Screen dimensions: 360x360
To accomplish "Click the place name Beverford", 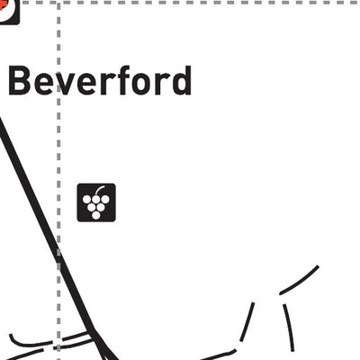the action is point(100,80).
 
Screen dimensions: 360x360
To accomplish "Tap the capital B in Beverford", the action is point(20,80).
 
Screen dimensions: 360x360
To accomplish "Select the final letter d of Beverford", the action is point(182,80).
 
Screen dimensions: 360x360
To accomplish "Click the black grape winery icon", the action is point(96,202).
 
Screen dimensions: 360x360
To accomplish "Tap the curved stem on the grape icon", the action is point(100,189).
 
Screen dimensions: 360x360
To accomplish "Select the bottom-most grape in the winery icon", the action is point(96,215).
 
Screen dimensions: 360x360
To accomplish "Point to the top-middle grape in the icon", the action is point(96,199).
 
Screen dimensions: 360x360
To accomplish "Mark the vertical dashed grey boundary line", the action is point(58,181).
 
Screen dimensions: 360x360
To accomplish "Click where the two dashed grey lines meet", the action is point(58,3).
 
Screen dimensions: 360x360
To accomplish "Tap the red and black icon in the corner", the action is point(9,12).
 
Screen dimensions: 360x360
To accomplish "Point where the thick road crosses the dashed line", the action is point(58,255).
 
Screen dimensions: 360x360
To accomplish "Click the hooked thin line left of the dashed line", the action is point(29,341).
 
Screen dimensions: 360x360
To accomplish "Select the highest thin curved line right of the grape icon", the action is point(300,281).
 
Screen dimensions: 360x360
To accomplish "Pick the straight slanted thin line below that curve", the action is point(247,322).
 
